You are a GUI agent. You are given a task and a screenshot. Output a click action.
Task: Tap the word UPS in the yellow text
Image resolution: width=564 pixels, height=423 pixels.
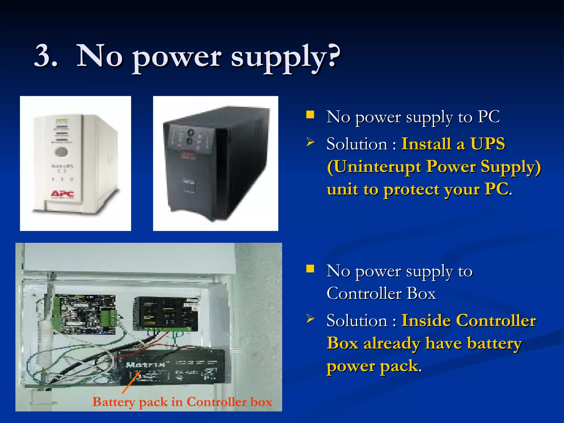click(x=487, y=144)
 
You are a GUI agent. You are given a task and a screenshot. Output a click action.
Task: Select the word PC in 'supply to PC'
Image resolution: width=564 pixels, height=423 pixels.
click(x=489, y=117)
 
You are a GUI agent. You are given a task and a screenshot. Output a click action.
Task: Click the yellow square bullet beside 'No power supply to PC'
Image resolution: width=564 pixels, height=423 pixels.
click(x=310, y=115)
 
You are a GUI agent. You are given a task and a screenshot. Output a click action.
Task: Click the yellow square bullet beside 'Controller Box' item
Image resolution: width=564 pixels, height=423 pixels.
click(x=310, y=269)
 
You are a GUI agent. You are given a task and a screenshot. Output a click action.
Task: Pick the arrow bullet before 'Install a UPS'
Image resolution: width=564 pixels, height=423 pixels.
click(x=310, y=142)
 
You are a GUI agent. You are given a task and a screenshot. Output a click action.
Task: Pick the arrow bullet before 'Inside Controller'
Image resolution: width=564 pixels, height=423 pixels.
click(x=310, y=319)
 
